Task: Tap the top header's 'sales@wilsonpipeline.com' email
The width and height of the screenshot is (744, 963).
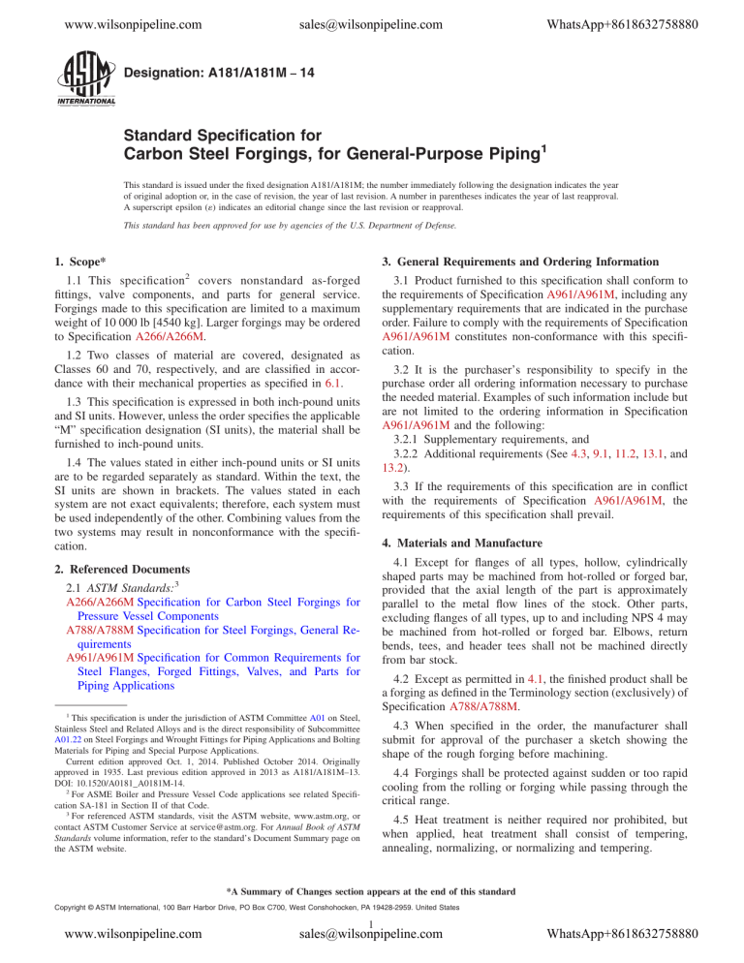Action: (371, 16)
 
